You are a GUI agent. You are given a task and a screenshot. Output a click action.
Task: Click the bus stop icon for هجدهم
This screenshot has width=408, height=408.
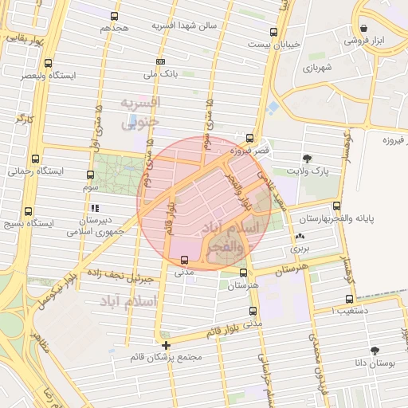[115, 16]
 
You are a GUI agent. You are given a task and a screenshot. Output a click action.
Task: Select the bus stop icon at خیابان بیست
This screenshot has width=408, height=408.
[274, 33]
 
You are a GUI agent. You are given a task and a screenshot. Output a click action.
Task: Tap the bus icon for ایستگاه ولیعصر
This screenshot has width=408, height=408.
[49, 64]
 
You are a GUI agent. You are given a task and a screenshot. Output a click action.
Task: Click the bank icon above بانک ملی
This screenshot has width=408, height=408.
[161, 61]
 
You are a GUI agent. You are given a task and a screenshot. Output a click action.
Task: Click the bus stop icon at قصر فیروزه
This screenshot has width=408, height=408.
[250, 137]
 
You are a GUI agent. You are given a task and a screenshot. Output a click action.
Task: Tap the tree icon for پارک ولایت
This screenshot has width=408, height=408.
[308, 159]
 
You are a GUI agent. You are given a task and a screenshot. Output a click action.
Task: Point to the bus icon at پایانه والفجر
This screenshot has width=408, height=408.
[336, 206]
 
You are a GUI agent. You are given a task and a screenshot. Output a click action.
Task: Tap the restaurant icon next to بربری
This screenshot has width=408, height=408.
[300, 237]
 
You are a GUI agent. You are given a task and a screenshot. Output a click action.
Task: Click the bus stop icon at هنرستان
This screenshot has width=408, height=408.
[243, 272]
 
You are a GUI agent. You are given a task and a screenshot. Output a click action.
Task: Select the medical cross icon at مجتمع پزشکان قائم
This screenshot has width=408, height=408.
[166, 345]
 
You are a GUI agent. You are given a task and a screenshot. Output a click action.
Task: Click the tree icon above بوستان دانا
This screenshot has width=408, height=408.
[375, 350]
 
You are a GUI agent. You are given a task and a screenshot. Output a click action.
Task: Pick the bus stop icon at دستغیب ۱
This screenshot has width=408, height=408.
[347, 300]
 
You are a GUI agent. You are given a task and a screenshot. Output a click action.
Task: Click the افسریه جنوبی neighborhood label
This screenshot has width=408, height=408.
[139, 112]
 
